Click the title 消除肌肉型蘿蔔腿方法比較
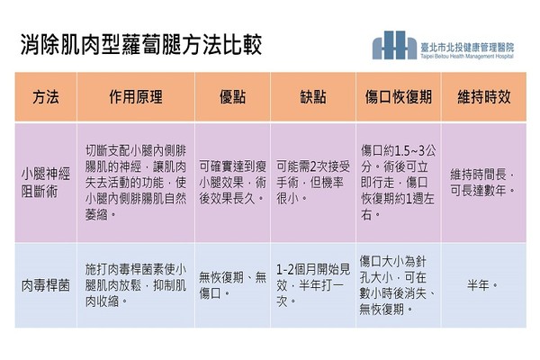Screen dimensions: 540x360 (141, 44)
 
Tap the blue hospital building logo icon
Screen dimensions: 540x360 (394, 45)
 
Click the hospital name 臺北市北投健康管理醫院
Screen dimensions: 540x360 (467, 48)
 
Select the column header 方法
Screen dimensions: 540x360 (46, 97)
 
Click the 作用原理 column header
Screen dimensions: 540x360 (136, 97)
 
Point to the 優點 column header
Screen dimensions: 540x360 (232, 97)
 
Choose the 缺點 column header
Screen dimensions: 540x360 (312, 97)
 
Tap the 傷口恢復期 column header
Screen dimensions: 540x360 (399, 97)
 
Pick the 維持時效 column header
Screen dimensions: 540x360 (484, 97)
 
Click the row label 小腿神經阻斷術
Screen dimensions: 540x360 (46, 183)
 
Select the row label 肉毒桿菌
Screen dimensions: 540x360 (46, 285)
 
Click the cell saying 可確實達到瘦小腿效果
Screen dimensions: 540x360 (232, 183)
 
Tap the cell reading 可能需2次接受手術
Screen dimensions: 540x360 (312, 183)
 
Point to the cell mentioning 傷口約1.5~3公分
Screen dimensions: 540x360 (399, 183)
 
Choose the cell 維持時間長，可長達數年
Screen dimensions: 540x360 (483, 183)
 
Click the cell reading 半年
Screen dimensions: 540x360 (482, 285)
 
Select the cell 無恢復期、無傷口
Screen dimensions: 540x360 (232, 285)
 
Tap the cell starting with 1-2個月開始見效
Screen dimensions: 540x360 (312, 285)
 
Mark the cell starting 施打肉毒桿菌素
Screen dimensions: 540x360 (136, 285)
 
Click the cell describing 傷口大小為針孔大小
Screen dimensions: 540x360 (398, 285)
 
